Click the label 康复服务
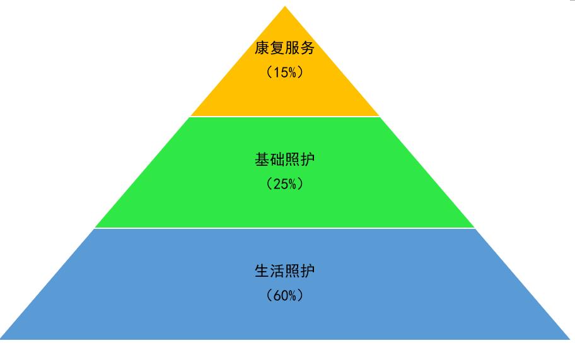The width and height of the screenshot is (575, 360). point(284,48)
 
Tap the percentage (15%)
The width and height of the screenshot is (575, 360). point(284,73)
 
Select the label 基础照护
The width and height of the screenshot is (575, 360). point(284,160)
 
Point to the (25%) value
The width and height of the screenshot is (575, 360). point(284,183)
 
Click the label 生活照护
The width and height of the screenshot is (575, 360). point(284,271)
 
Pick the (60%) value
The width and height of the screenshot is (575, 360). point(284,295)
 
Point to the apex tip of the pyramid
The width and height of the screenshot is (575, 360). point(285,6)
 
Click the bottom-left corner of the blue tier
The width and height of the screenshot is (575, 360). point(1,339)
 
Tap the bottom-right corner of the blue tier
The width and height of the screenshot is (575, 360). point(570,339)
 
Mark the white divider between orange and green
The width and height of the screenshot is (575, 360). point(285,117)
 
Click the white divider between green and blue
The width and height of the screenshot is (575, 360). point(285,228)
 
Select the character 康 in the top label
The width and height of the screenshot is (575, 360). point(262,48)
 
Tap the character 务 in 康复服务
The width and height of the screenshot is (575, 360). point(307,48)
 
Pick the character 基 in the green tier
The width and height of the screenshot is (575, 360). point(262,160)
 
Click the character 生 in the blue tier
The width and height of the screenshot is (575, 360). point(262,271)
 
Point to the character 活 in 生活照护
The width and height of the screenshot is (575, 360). point(277,271)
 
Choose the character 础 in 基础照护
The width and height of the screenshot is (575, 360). point(277,160)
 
